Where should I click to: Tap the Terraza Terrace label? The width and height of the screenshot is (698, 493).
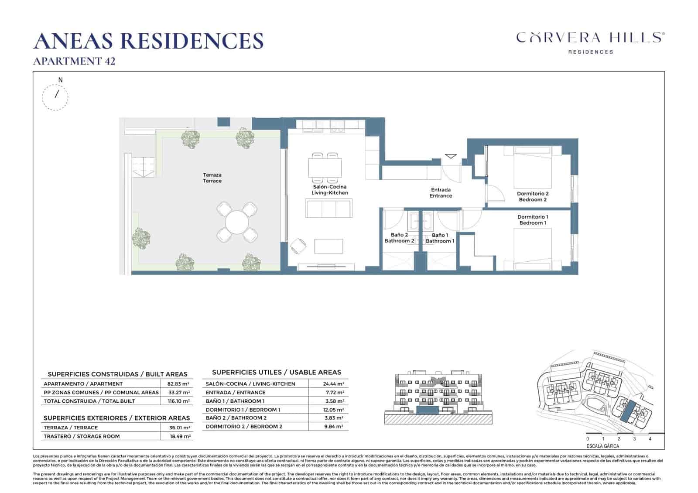pyautogui.click(x=212, y=178)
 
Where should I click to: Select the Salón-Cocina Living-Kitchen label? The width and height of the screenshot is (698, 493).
pyautogui.click(x=329, y=190)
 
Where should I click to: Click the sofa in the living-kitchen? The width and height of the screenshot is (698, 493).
pyautogui.click(x=329, y=208)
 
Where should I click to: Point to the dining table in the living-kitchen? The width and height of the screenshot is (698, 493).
pyautogui.click(x=325, y=168)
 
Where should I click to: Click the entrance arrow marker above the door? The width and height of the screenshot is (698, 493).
pyautogui.click(x=451, y=156)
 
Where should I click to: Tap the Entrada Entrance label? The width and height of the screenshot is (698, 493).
pyautogui.click(x=441, y=193)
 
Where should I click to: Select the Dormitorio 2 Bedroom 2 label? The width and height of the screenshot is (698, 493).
pyautogui.click(x=533, y=197)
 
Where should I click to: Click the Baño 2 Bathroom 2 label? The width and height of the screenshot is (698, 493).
pyautogui.click(x=399, y=238)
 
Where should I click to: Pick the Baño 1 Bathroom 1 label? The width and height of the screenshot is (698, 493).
pyautogui.click(x=440, y=238)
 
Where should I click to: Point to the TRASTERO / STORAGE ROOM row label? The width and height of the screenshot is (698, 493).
pyautogui.click(x=82, y=436)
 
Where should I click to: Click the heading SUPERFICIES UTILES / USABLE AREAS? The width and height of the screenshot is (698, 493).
pyautogui.click(x=276, y=372)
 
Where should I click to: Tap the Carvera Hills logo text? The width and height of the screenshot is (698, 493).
pyautogui.click(x=590, y=38)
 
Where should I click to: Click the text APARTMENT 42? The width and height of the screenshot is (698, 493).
pyautogui.click(x=74, y=61)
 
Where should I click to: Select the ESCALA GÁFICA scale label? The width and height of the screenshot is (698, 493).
pyautogui.click(x=602, y=446)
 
